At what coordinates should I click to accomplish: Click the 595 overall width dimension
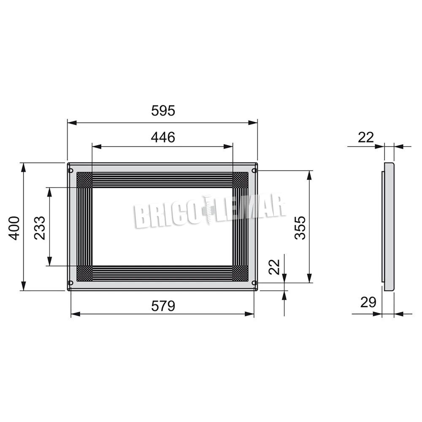click(163, 111)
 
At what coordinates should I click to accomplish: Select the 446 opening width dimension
click(163, 137)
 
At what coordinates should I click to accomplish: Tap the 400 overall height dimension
click(14, 228)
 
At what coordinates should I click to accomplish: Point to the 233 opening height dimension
click(40, 228)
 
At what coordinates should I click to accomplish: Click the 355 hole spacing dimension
click(300, 228)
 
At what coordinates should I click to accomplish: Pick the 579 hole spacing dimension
click(163, 306)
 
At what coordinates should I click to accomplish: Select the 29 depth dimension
click(368, 302)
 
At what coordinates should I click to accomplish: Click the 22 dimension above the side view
click(366, 138)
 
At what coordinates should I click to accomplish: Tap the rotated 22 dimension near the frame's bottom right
click(275, 267)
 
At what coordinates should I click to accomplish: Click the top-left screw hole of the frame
click(71, 170)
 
